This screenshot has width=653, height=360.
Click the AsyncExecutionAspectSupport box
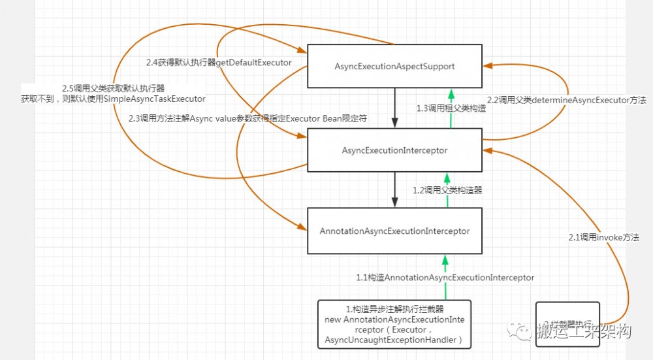[x=394, y=66]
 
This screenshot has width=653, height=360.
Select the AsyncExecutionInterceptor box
[x=394, y=150]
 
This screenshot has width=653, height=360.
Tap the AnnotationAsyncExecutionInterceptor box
[x=394, y=231]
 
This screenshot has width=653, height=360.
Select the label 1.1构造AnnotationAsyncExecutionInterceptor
[x=445, y=278]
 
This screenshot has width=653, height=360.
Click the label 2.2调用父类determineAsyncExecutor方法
[x=567, y=100]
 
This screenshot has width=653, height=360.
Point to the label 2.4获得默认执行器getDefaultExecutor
[x=219, y=63]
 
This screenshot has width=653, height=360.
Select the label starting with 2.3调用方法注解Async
[x=249, y=120]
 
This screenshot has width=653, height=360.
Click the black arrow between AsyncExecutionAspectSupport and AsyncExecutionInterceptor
[x=394, y=108]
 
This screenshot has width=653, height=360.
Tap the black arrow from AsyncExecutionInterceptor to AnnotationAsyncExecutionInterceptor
[x=394, y=190]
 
